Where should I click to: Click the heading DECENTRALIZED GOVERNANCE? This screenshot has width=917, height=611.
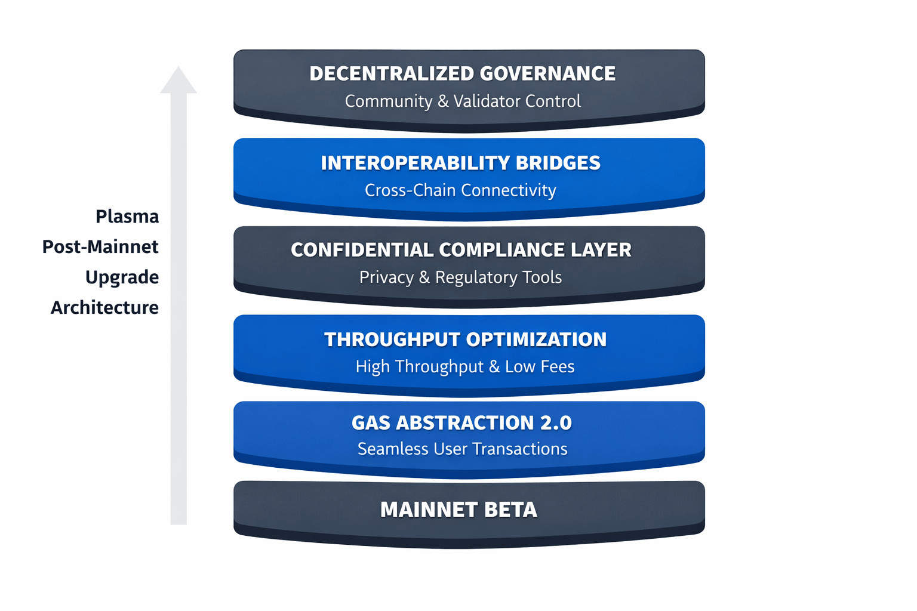pos(462,73)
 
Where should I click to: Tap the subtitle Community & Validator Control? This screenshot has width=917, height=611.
pos(462,101)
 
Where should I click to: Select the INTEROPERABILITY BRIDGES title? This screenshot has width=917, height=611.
pos(460,163)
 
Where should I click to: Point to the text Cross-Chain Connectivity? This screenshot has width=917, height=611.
pos(460,190)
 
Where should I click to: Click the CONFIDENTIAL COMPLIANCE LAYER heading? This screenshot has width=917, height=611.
pos(461,250)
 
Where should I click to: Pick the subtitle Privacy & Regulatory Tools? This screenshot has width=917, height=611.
pos(460,277)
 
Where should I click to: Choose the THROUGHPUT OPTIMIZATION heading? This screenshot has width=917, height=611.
pos(465,340)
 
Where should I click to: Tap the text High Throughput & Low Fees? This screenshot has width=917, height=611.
pos(465,366)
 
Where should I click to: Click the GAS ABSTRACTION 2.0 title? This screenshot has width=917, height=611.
pos(461,423)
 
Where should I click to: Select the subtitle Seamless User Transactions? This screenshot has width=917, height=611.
pos(462,449)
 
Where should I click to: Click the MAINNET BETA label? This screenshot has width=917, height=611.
pos(458,510)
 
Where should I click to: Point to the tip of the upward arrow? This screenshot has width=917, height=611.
pos(178,67)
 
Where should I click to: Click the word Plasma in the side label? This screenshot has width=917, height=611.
pos(127,217)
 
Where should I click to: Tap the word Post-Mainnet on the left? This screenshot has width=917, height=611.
pos(100,247)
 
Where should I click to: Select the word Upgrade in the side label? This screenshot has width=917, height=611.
pos(122,277)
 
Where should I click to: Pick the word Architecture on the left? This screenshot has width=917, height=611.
pos(104,308)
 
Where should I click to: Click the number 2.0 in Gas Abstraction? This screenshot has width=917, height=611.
pos(555,423)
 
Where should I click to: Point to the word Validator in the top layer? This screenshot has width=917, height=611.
pos(484,101)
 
